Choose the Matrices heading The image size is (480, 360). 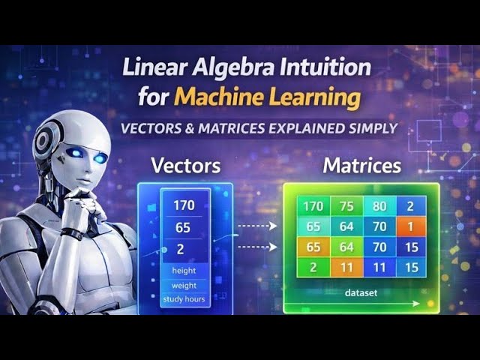pyautogui.click(x=361, y=165)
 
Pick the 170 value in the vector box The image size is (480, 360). pyautogui.click(x=184, y=205)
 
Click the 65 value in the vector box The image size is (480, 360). pyautogui.click(x=184, y=228)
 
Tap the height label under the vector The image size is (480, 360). pyautogui.click(x=184, y=271)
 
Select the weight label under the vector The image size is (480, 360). pyautogui.click(x=184, y=286)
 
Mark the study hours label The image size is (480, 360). pyautogui.click(x=184, y=300)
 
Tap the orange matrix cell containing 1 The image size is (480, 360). pyautogui.click(x=410, y=226)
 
